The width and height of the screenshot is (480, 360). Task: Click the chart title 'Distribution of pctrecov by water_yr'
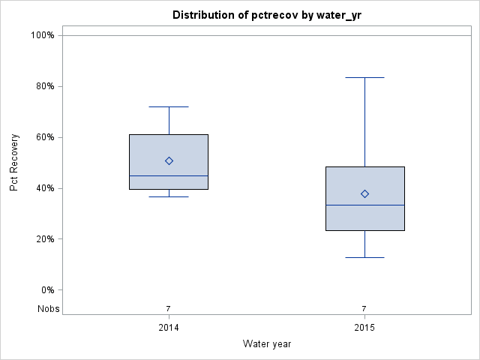(x=266, y=15)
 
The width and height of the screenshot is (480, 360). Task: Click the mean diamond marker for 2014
(x=169, y=160)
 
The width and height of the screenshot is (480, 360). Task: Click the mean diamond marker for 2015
(x=364, y=193)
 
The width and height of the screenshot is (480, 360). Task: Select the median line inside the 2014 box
(x=169, y=175)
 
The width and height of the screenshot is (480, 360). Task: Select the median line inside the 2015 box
(x=364, y=205)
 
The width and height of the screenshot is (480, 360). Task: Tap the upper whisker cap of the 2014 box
(x=169, y=106)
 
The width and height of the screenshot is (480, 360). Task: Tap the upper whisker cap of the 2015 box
(x=364, y=77)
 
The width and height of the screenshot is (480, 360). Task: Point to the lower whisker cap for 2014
(x=169, y=196)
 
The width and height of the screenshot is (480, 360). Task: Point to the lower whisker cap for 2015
(x=364, y=257)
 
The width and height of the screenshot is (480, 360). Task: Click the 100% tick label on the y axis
(x=42, y=35)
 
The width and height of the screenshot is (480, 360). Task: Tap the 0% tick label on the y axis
(x=46, y=290)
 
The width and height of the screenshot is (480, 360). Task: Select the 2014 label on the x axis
(x=169, y=328)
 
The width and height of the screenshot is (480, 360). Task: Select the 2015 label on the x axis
(x=364, y=328)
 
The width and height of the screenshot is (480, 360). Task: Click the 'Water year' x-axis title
(x=266, y=344)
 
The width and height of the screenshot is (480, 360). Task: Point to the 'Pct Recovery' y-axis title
(x=14, y=163)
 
